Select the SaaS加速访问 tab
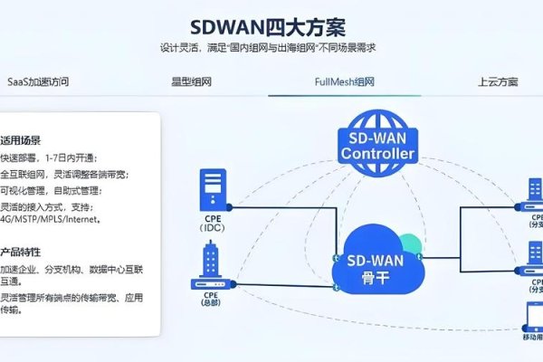click(x=38, y=81)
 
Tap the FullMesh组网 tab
click(x=343, y=81)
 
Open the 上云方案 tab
click(x=497, y=81)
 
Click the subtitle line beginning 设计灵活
click(x=268, y=48)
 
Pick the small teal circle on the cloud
click(x=410, y=243)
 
